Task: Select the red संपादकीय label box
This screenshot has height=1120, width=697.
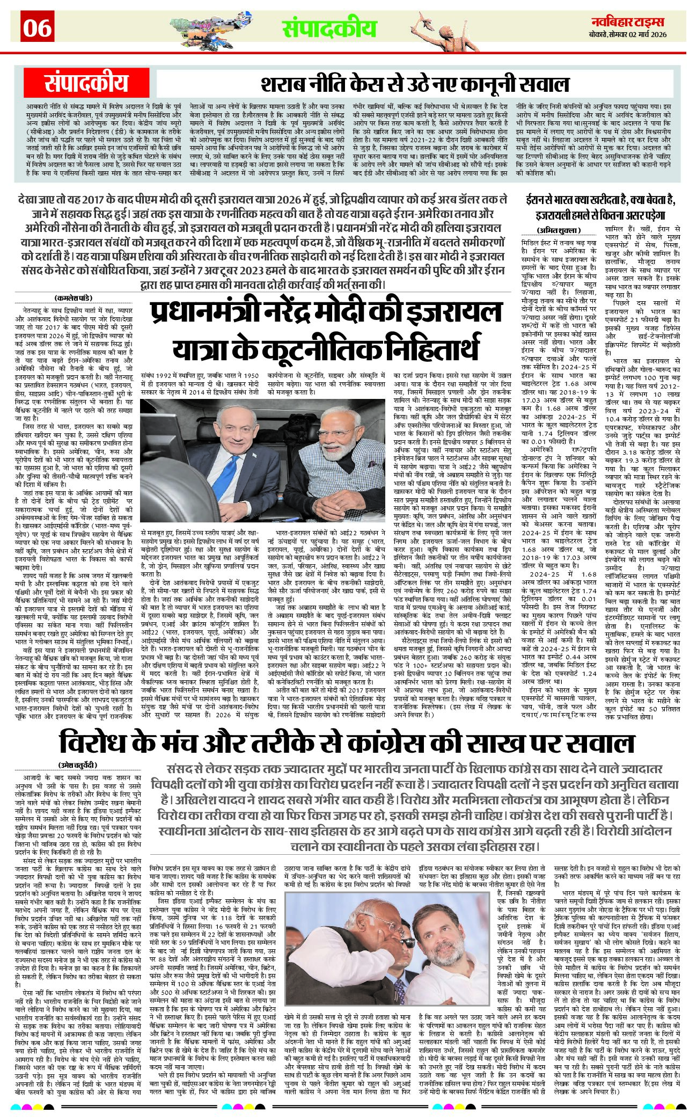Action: click(x=86, y=84)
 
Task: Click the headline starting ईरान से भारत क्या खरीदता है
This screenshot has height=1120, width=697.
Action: click(x=600, y=207)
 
